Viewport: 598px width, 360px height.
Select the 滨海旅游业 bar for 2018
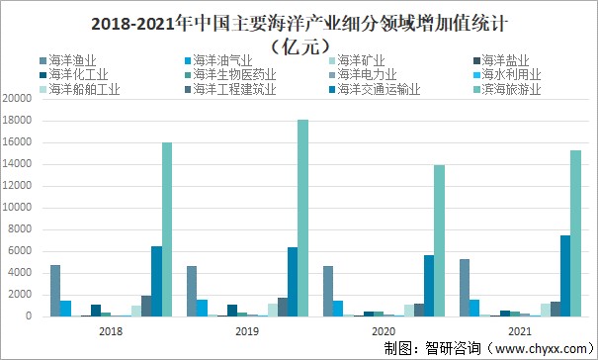click(x=167, y=229)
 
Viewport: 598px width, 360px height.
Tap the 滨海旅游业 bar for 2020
click(x=438, y=240)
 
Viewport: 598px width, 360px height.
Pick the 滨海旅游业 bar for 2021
click(x=574, y=233)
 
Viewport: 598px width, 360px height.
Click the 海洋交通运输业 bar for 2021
click(x=564, y=276)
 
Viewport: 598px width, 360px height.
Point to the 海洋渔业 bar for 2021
click(x=464, y=288)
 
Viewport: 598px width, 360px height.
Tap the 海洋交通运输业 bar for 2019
click(x=292, y=282)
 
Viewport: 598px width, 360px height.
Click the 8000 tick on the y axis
click(x=20, y=229)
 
